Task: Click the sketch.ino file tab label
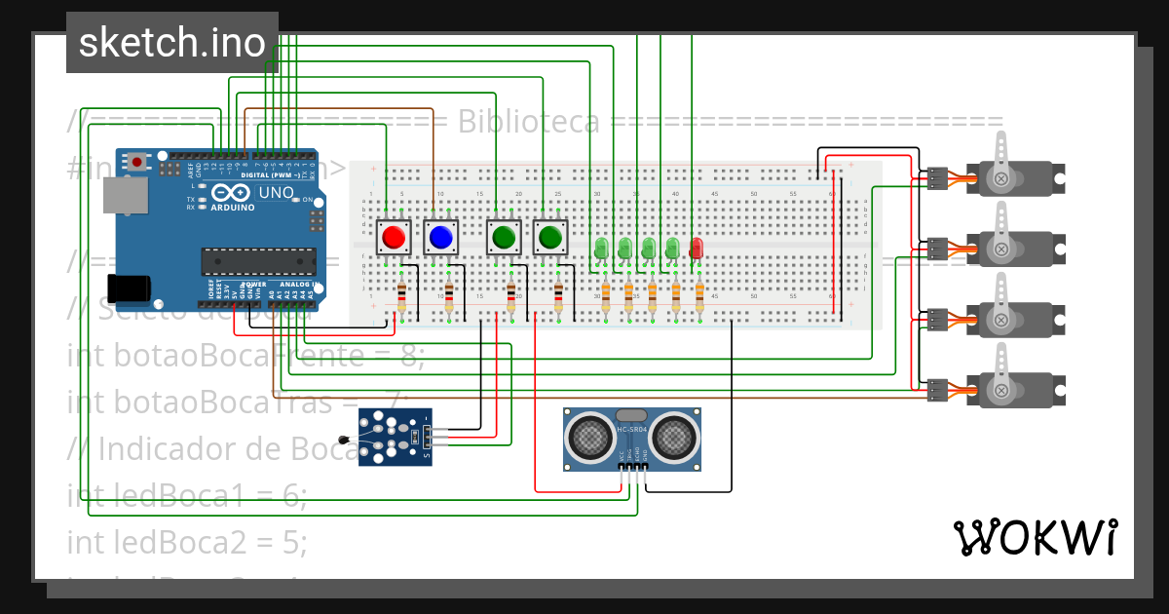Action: click(171, 43)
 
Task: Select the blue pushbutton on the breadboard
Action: click(440, 237)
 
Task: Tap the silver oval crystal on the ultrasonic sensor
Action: click(631, 416)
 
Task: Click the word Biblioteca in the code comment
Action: click(528, 122)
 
